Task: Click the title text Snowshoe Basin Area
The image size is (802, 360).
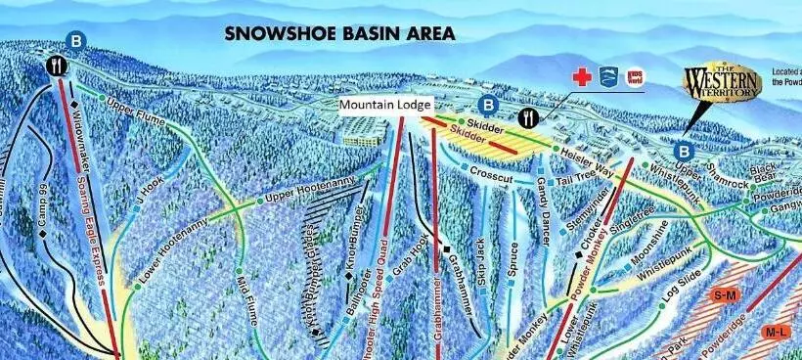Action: (339, 33)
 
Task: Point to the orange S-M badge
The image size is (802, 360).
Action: (725, 294)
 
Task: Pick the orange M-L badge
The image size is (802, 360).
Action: (778, 333)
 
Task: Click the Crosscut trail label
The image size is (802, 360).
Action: (492, 172)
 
